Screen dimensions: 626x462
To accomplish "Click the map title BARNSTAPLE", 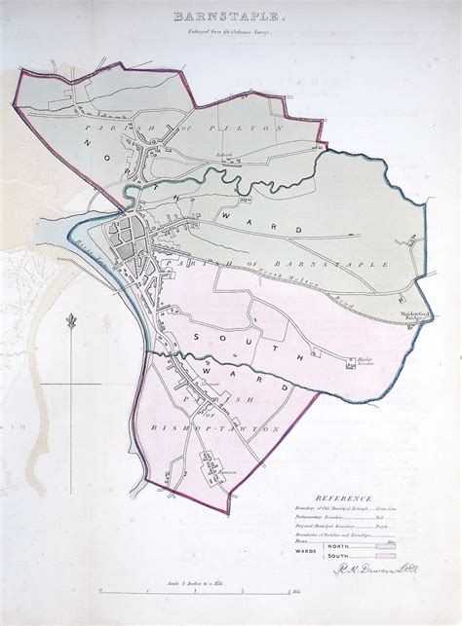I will click(x=231, y=17).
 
